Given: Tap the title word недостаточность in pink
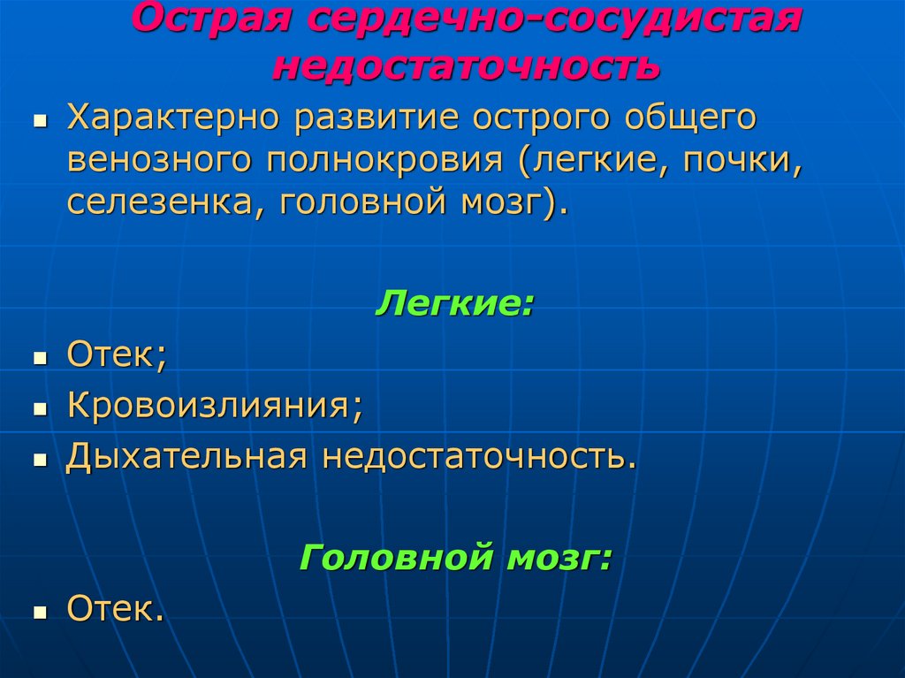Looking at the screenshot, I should (x=466, y=66).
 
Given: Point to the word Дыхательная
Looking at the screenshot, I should (x=186, y=458).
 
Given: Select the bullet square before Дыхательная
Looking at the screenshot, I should (x=40, y=461).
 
